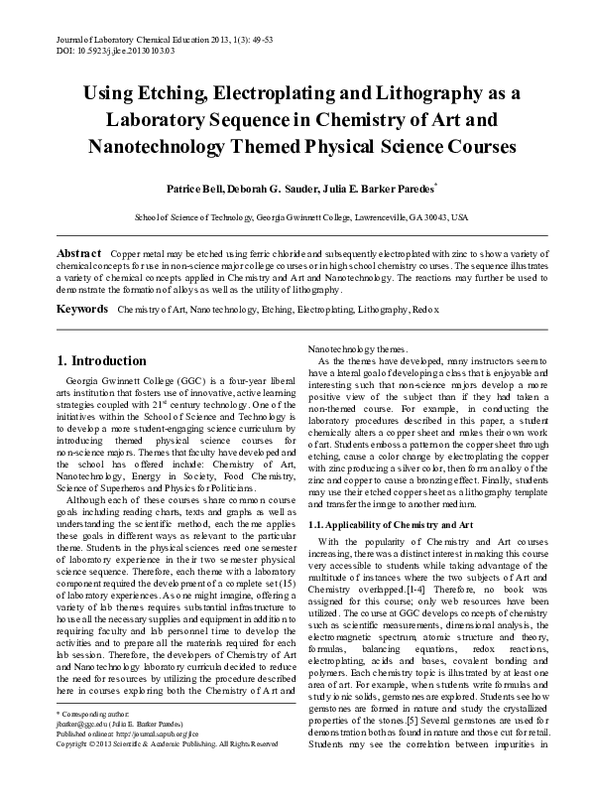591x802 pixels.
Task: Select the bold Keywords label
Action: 82,310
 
